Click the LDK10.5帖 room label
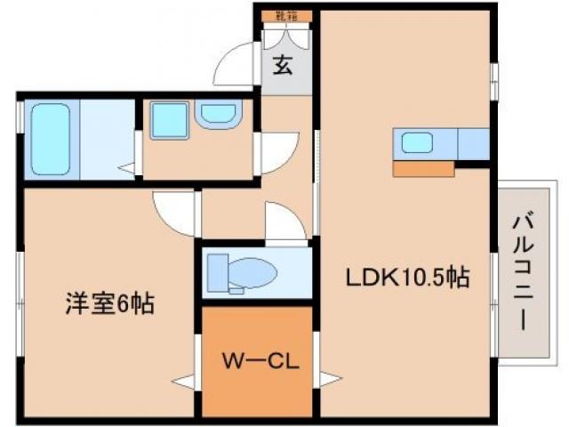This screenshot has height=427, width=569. (x=407, y=278)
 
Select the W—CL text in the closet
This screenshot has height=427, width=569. (x=259, y=363)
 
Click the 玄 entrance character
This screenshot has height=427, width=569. (x=284, y=65)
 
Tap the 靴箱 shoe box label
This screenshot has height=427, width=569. (x=285, y=15)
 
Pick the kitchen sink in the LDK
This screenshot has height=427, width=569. (x=417, y=142)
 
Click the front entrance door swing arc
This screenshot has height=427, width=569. (x=236, y=62)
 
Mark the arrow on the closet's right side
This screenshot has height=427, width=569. (x=329, y=380)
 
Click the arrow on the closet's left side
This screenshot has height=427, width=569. (x=185, y=383)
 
